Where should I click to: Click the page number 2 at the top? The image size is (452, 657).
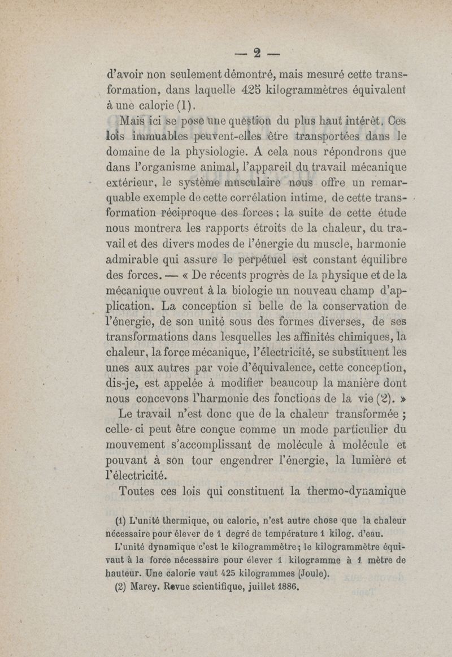point(257,54)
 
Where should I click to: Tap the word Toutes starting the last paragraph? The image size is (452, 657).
point(141,491)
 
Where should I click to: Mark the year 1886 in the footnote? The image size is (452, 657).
point(285,586)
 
